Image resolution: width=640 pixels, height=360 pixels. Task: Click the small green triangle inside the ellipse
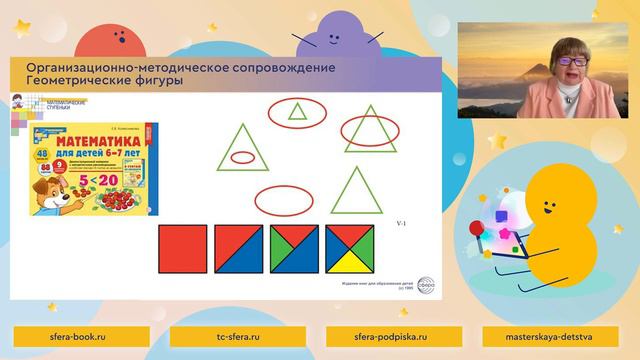[297, 112]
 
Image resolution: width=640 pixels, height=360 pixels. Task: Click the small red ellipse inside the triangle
[241, 156]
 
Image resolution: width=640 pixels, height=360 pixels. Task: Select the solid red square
[182, 248]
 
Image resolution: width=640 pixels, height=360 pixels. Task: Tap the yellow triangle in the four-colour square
[350, 262]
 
